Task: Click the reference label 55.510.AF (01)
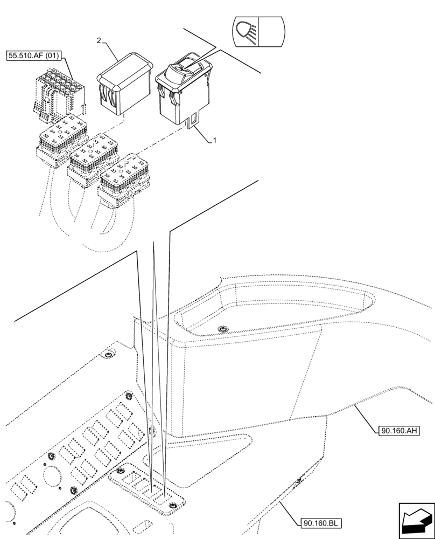(33, 56)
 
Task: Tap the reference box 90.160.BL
(319, 522)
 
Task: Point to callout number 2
(99, 41)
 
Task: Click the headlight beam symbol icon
(245, 31)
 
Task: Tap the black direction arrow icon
(415, 520)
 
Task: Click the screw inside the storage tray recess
(221, 329)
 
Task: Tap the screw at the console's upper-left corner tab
(109, 355)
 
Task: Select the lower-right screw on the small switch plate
(173, 505)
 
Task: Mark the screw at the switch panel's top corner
(129, 397)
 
